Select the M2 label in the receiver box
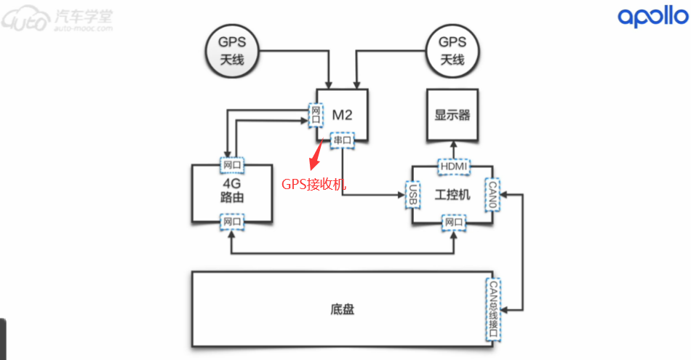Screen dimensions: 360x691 (342, 114)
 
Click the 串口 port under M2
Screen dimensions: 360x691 (341, 139)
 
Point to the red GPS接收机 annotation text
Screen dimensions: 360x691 (314, 184)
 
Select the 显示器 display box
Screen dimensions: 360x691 (452, 115)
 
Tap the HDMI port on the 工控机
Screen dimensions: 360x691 (452, 168)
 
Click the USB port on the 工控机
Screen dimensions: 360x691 (412, 195)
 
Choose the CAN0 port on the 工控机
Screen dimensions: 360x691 (492, 193)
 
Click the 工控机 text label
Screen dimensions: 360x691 (452, 195)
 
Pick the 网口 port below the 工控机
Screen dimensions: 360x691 (452, 221)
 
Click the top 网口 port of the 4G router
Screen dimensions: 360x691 (232, 165)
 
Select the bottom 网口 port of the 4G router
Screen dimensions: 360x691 (232, 221)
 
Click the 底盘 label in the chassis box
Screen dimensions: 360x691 (342, 309)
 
